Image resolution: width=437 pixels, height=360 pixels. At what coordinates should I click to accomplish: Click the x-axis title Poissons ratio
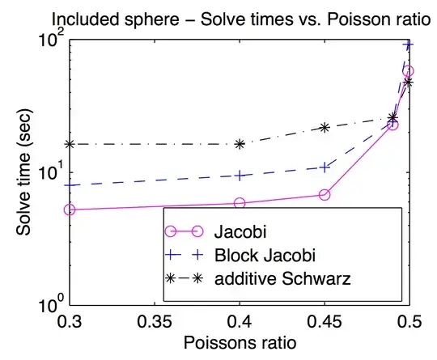(x=239, y=342)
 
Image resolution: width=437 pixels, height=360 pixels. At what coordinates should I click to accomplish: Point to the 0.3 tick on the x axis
(x=70, y=320)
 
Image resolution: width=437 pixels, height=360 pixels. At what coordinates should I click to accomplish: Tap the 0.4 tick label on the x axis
(x=240, y=320)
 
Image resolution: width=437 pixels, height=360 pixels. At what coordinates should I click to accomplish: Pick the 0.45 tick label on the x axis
(x=325, y=320)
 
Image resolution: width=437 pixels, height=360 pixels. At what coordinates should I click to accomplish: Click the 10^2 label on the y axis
(x=49, y=40)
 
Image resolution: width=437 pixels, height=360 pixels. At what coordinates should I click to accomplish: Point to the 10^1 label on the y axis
(x=49, y=172)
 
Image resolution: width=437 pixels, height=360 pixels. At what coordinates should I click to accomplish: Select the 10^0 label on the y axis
(x=49, y=305)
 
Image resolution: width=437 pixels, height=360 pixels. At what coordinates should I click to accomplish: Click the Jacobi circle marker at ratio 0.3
(x=70, y=210)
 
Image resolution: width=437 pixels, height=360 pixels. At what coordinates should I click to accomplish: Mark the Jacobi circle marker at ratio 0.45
(x=325, y=195)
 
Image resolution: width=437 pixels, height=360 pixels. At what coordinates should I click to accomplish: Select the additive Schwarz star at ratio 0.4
(x=240, y=144)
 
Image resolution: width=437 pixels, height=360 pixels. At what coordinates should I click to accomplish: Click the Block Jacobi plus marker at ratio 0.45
(x=325, y=167)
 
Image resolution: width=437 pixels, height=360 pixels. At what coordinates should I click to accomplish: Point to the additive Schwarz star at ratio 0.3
(x=70, y=144)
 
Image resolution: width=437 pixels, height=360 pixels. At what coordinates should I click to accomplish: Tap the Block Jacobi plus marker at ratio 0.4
(x=240, y=176)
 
